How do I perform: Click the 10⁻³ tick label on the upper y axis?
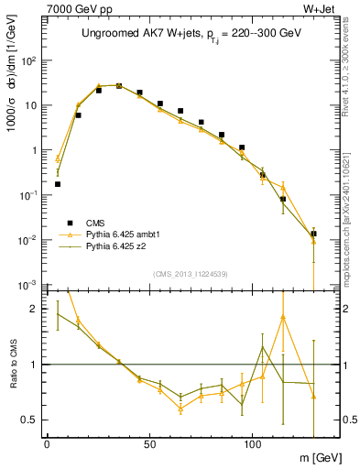30,285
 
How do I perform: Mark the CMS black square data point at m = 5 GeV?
58,184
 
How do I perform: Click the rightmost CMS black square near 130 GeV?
313,234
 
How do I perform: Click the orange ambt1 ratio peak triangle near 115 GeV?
283,317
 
